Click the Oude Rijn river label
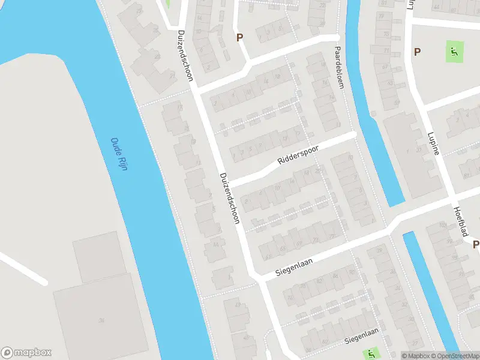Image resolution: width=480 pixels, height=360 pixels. tap(119, 154)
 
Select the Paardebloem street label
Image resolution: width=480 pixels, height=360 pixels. tap(340, 68)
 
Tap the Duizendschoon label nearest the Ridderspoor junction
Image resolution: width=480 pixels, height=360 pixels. tap(230, 198)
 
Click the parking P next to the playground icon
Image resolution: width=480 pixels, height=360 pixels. tap(417, 52)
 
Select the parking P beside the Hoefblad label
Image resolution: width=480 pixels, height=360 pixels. tap(476, 244)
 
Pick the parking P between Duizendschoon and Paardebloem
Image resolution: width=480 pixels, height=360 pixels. tap(240, 37)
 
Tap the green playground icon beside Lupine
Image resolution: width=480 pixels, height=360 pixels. tap(454, 52)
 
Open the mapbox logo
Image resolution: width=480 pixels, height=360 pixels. tap(26, 353)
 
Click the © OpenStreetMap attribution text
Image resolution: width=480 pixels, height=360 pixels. tap(454, 356)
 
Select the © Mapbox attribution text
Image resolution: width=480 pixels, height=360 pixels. tap(415, 356)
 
